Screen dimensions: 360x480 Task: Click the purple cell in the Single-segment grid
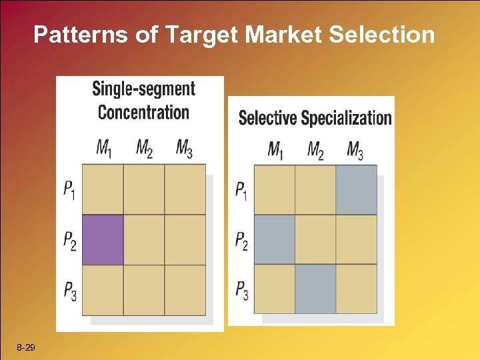coord(103,239)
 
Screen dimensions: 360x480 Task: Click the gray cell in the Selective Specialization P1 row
coord(356,189)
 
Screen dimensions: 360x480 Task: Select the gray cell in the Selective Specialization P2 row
coord(274,239)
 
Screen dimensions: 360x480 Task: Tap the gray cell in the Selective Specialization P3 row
coord(315,289)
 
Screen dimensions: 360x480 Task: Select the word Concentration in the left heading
coord(143,111)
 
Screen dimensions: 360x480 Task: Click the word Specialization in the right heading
coord(346,118)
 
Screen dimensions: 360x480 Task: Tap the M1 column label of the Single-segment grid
coord(103,149)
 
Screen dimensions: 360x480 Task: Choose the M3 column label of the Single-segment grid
coord(185,149)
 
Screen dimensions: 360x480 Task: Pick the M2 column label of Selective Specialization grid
coord(315,150)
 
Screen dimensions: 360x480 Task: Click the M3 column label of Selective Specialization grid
coord(355,150)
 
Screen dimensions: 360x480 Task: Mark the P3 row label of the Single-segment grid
coord(70,290)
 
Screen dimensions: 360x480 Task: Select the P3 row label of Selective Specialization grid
coord(241,290)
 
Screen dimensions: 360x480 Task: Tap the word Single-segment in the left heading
coord(143,89)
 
